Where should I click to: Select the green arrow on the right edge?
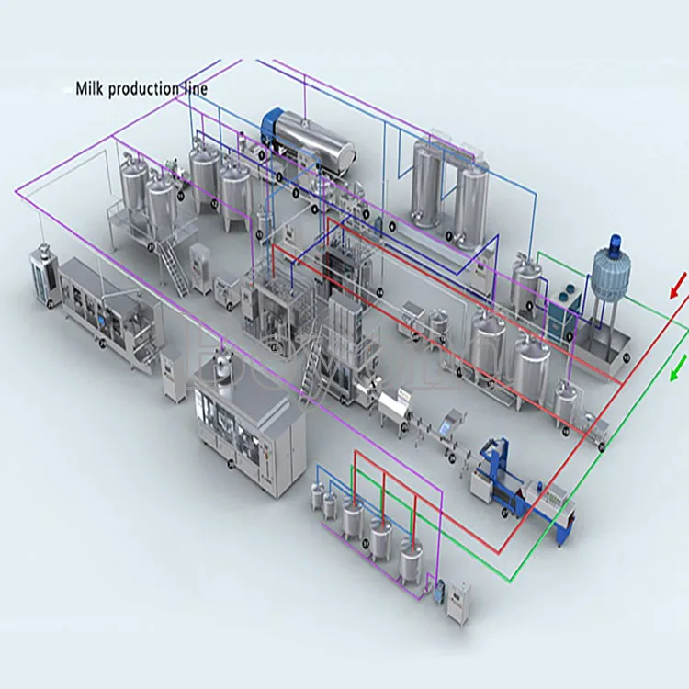click(678, 369)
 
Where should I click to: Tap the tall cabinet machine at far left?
click(42, 273)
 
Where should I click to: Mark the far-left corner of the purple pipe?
click(17, 190)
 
